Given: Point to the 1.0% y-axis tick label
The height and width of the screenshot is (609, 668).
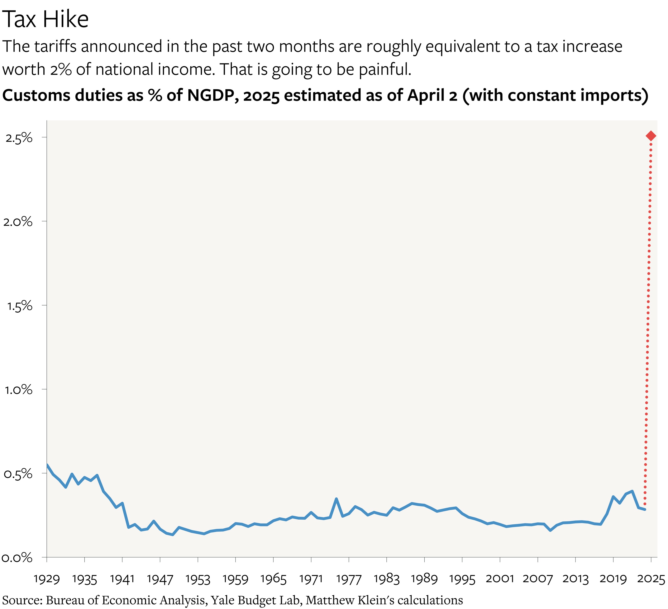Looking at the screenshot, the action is (x=19, y=390).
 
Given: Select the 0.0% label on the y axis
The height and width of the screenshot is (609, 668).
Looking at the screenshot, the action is (x=17, y=558).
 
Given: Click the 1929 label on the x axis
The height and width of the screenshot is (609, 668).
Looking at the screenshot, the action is (x=47, y=579).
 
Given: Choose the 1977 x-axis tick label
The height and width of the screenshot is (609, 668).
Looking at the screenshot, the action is (x=349, y=579).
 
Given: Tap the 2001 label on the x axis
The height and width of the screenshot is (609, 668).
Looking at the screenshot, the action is (x=500, y=579).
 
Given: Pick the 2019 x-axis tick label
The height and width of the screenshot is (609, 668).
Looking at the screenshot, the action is (x=613, y=579).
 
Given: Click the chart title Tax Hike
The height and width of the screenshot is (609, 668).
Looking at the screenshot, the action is (x=45, y=19).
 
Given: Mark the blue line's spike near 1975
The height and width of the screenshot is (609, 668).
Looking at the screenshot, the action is (x=336, y=498).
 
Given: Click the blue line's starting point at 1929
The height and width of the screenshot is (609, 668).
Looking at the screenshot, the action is (x=47, y=464).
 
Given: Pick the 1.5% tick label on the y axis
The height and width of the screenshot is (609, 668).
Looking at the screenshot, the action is (x=19, y=306).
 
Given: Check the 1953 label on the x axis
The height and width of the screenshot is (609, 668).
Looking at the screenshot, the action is (x=198, y=579).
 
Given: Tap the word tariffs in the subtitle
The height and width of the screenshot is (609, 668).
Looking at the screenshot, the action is (x=55, y=46).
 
